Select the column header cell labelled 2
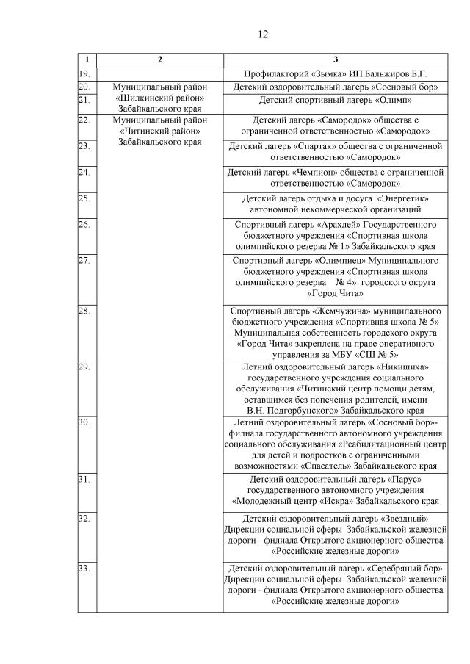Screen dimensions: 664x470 [x=160, y=59]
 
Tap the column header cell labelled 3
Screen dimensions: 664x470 [x=336, y=59]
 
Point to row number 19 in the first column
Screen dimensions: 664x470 [x=84, y=73]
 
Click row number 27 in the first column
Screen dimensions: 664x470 [x=84, y=260]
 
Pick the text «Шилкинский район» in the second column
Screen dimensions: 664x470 [x=160, y=98]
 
